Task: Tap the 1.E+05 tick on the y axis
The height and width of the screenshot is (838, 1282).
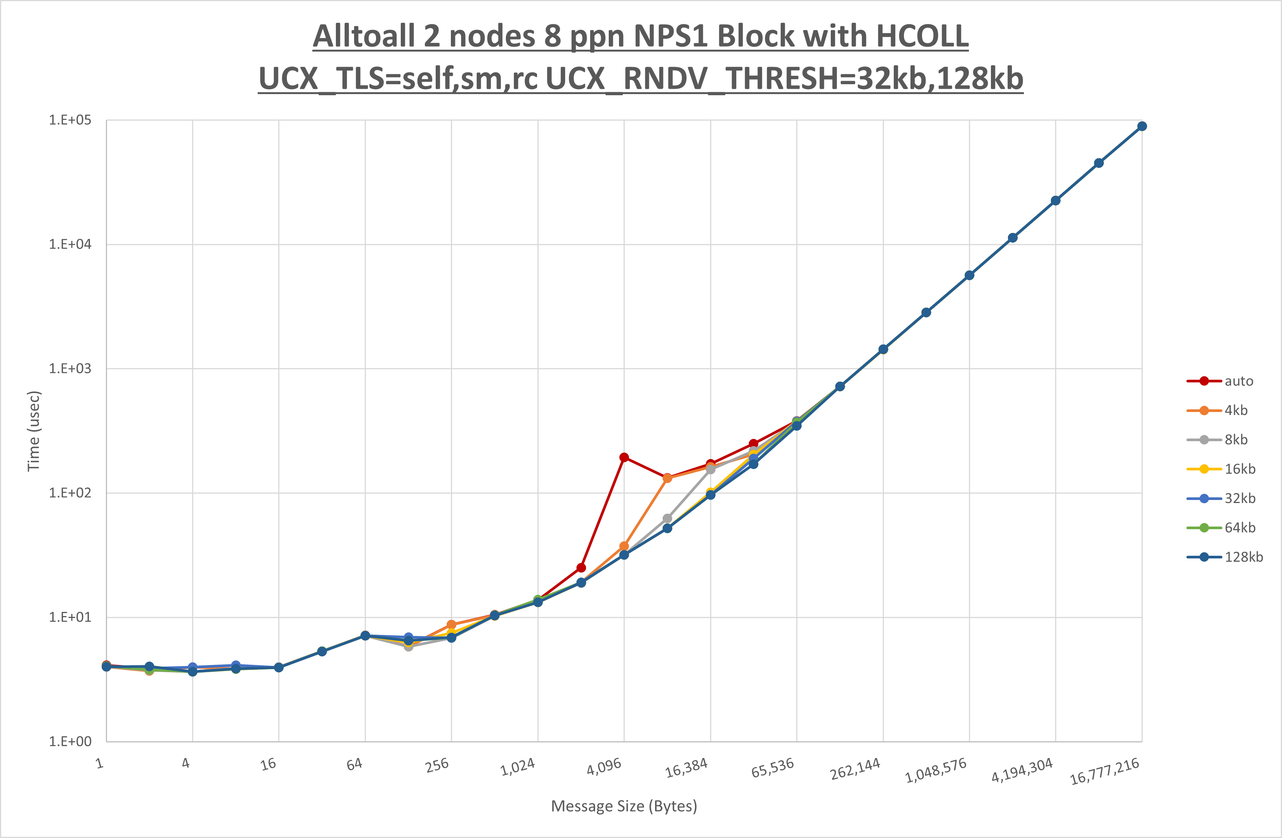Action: pos(70,120)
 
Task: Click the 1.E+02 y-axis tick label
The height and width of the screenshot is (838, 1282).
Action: pos(70,493)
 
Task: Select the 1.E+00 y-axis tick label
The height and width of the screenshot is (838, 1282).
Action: pos(70,742)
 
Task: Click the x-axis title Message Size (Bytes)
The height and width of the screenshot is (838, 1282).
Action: pos(624,806)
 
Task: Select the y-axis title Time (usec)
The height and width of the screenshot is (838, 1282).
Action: pos(33,431)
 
